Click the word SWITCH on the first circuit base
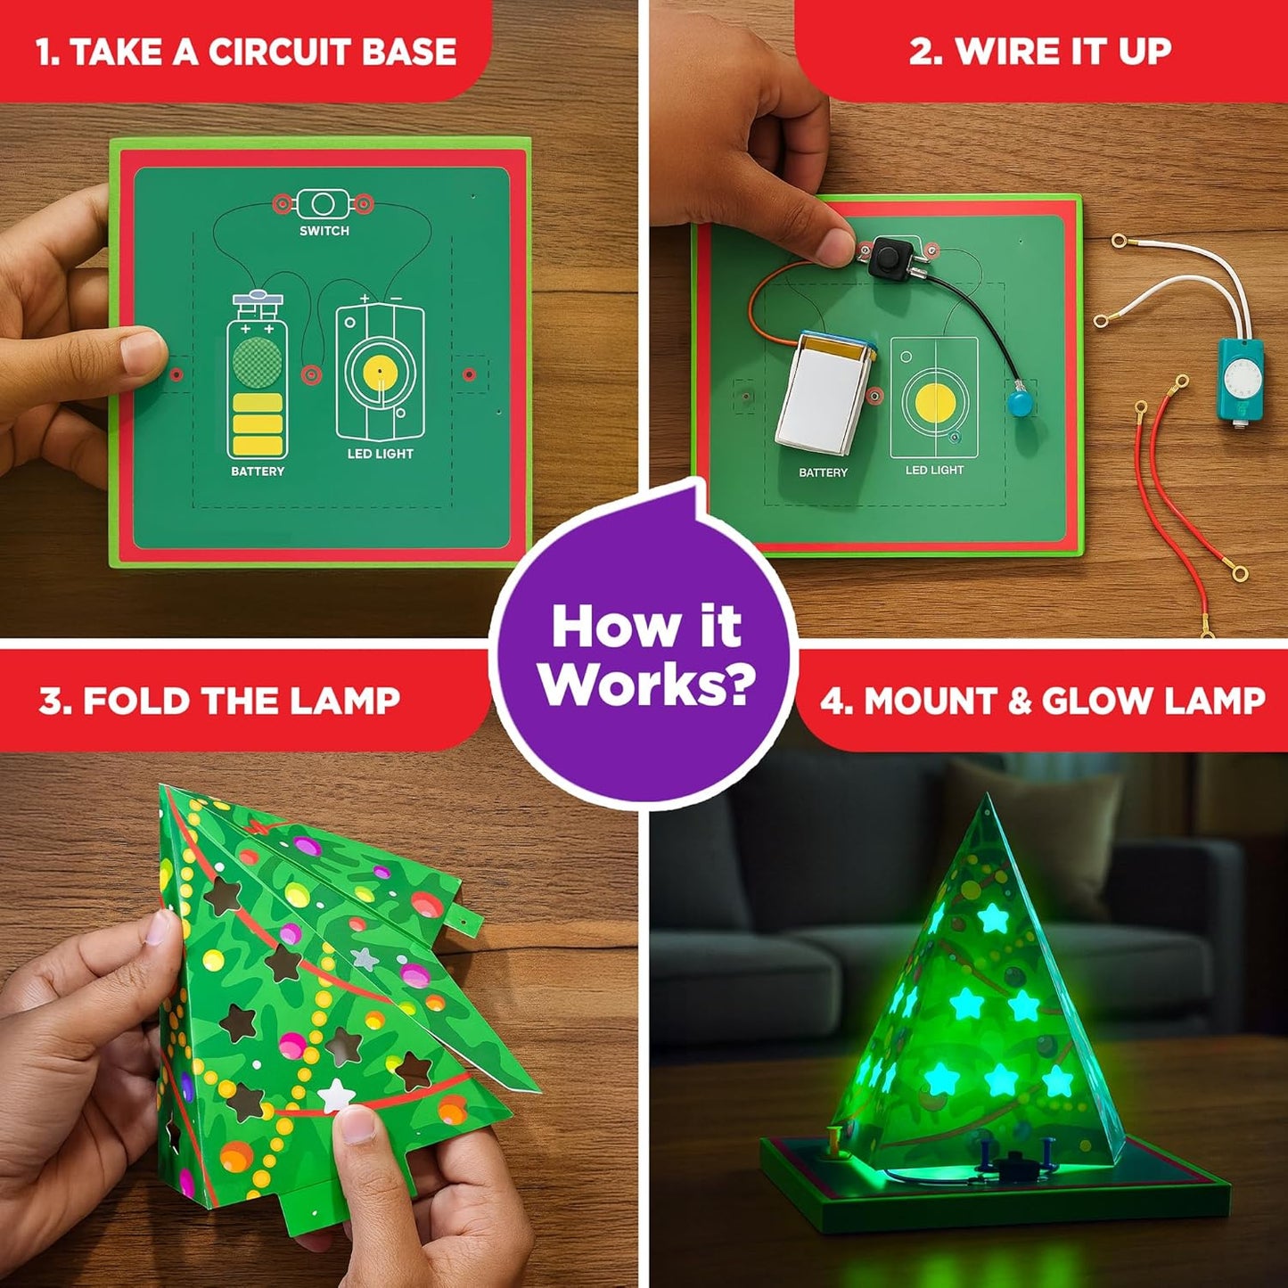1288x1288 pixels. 324,231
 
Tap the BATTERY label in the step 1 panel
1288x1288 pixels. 258,471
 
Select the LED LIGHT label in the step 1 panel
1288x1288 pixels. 381,454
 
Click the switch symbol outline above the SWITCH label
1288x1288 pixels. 323,204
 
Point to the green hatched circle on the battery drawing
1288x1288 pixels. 257,361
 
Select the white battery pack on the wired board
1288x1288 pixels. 822,392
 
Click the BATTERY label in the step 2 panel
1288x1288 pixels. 823,472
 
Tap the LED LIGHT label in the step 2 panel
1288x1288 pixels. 934,470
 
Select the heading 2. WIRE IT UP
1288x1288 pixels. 1039,51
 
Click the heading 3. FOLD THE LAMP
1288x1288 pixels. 219,701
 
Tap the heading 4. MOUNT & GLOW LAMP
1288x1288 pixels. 1042,701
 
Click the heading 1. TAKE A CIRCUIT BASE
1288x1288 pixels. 245,52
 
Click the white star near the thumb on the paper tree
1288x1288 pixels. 336,1095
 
